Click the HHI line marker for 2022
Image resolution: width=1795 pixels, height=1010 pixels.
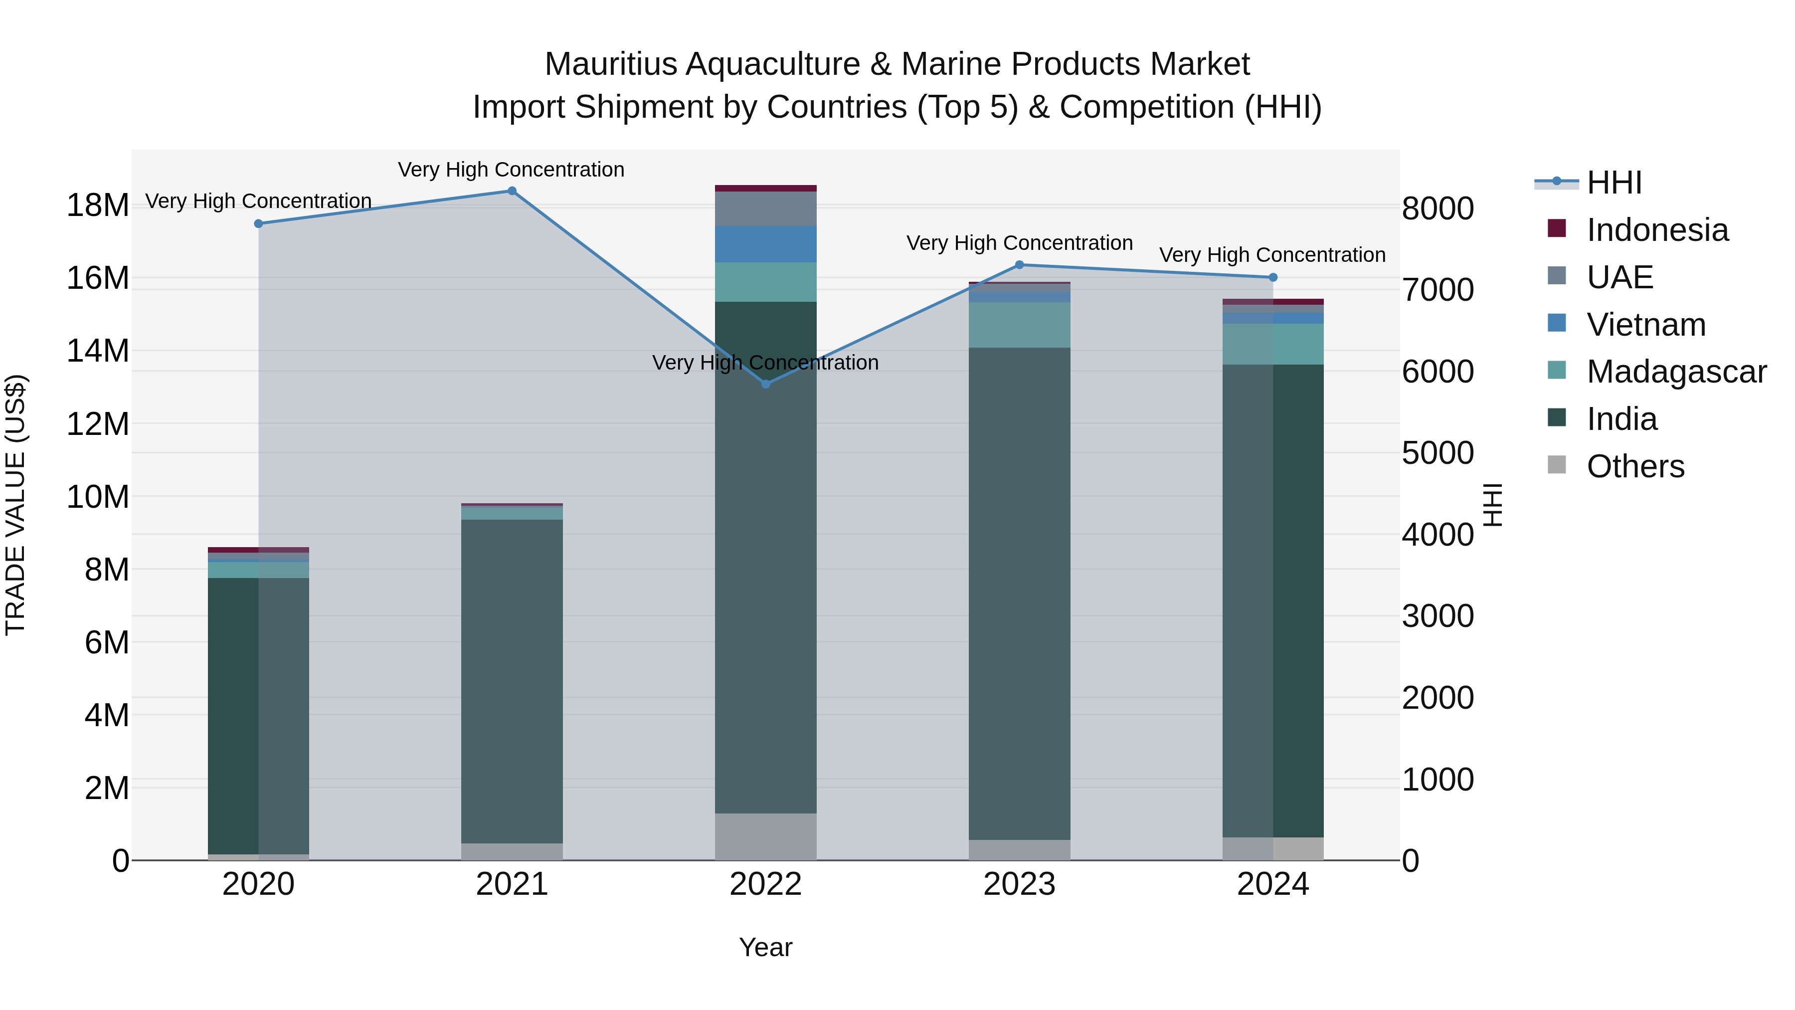[x=766, y=384]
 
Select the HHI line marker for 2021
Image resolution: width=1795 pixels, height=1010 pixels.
[x=512, y=191]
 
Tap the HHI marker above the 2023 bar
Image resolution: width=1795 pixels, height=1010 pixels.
[x=1020, y=265]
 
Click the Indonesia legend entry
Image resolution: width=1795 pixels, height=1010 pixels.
[x=1657, y=230]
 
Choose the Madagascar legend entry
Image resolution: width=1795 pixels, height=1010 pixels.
[x=1676, y=372]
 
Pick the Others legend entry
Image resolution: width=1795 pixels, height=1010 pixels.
[x=1635, y=466]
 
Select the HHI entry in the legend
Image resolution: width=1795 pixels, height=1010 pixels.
[x=1614, y=183]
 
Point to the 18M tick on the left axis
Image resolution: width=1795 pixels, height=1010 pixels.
[x=98, y=205]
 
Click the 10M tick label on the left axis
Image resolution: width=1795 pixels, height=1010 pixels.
[x=98, y=497]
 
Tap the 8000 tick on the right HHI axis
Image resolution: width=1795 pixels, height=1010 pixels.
[x=1437, y=208]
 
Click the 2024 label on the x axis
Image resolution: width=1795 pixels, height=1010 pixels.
[x=1273, y=884]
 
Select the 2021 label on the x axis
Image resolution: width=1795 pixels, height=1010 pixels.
[x=512, y=884]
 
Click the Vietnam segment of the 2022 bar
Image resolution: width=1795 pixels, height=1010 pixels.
[x=766, y=244]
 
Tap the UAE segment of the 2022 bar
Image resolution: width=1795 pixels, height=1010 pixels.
[x=766, y=208]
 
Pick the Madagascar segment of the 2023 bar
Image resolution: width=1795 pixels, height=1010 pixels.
[x=1020, y=325]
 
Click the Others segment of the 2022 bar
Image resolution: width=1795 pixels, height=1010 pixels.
[x=766, y=836]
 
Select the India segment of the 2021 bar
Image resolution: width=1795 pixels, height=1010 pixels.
[x=512, y=681]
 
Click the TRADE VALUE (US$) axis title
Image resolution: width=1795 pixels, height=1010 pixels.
[x=15, y=505]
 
